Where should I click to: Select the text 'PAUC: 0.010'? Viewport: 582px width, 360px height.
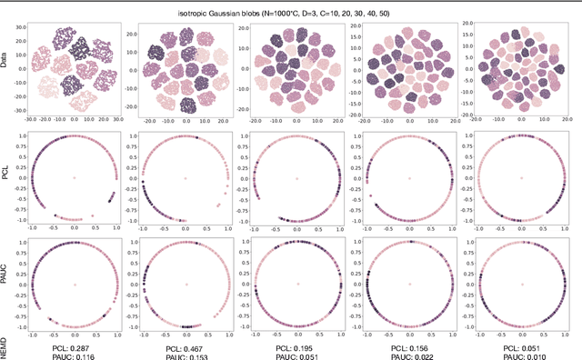click(521, 356)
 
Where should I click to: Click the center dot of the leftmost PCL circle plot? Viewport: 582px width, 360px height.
click(74, 178)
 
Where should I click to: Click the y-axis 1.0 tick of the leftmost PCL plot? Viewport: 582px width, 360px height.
click(23, 137)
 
